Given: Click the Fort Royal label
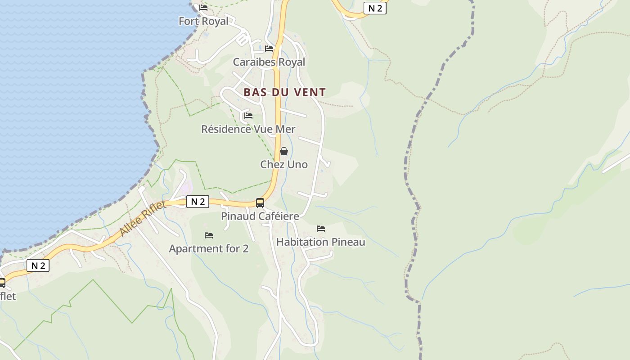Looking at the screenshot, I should (203, 21).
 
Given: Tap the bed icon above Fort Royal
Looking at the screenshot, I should (203, 8).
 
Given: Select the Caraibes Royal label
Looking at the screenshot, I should (269, 62).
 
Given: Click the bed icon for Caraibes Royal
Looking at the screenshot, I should (269, 49).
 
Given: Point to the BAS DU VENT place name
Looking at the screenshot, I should (284, 92).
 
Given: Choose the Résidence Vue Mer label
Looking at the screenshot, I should (248, 129).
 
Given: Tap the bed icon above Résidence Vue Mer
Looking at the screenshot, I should (248, 116).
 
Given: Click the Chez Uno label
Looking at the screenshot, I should (284, 165).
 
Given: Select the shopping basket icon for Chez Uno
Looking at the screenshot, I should (284, 151).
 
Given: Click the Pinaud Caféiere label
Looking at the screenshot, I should (260, 216).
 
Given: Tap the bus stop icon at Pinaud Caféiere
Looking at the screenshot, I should (260, 203).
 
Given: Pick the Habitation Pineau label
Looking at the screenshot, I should (320, 242).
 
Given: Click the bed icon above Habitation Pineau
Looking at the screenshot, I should (321, 229).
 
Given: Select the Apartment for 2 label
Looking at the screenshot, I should (208, 249).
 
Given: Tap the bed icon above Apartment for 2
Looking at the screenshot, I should (209, 235).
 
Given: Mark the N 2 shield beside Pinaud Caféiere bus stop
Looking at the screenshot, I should (198, 202).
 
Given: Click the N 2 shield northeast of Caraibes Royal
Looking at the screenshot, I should (375, 8).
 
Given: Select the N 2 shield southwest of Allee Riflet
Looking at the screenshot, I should (38, 265).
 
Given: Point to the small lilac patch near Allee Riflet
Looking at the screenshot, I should (187, 186).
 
